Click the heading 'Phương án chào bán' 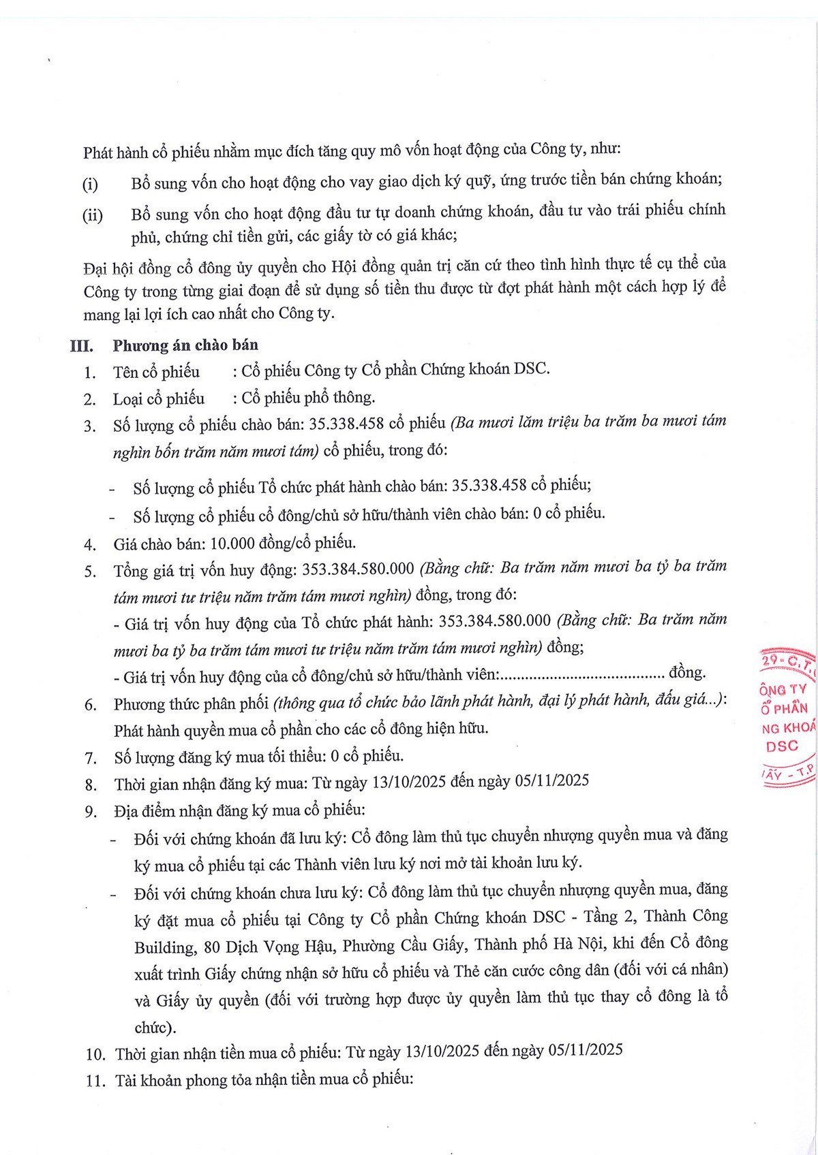(x=185, y=345)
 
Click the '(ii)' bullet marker (x=93, y=216)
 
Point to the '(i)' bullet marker (x=90, y=185)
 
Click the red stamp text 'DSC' (x=782, y=746)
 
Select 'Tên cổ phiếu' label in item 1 (x=156, y=372)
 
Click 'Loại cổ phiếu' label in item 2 (x=158, y=398)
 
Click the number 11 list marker (x=95, y=1081)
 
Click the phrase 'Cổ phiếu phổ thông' (x=308, y=397)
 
